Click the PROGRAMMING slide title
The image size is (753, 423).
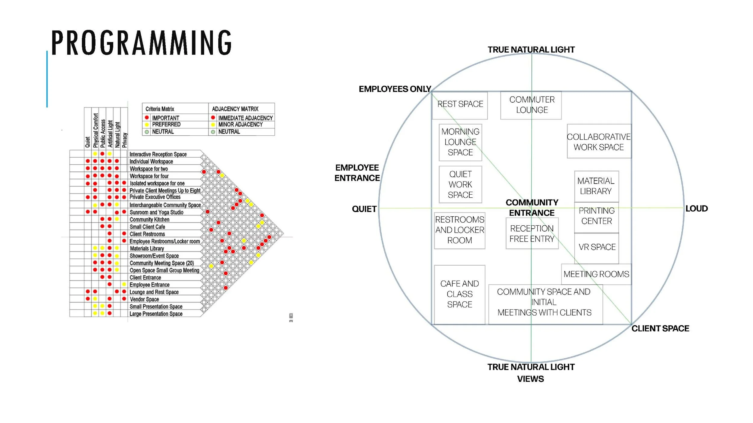pyautogui.click(x=141, y=42)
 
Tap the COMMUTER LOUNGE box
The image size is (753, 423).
pyautogui.click(x=532, y=105)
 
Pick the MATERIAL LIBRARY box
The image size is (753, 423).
pyautogui.click(x=596, y=186)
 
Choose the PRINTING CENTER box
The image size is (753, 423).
pyautogui.click(x=596, y=216)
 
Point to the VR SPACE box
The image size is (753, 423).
pyautogui.click(x=597, y=247)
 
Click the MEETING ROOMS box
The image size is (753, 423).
pyautogui.click(x=596, y=274)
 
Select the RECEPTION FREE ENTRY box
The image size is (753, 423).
pyautogui.click(x=532, y=234)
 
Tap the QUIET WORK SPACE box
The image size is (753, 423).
pyautogui.click(x=460, y=184)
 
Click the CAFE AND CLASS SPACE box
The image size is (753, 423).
pyautogui.click(x=459, y=294)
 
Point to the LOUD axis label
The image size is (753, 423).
pyautogui.click(x=696, y=208)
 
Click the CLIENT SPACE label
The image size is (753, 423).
pyautogui.click(x=660, y=329)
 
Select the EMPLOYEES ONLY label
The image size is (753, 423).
pyautogui.click(x=395, y=89)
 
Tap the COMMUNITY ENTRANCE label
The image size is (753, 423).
pyautogui.click(x=532, y=208)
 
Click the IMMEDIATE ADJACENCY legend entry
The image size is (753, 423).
pyautogui.click(x=245, y=118)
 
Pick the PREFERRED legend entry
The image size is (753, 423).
pyautogui.click(x=166, y=125)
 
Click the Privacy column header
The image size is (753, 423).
pyautogui.click(x=125, y=140)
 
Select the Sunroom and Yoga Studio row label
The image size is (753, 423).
pyautogui.click(x=156, y=212)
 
